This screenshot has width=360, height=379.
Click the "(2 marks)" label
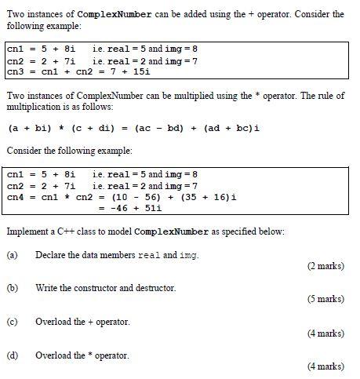point(325,266)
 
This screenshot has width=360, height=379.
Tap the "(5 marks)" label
point(325,299)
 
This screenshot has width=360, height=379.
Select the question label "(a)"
point(13,255)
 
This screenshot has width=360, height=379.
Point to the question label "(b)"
point(13,288)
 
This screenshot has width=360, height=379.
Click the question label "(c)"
point(13,322)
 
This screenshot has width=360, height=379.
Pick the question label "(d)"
point(13,355)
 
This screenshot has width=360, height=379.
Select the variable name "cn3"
point(16,71)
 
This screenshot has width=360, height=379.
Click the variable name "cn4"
point(16,197)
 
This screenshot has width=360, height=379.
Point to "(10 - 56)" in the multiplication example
point(129,197)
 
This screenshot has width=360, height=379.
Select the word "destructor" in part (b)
point(155,288)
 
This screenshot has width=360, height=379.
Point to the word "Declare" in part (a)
point(50,255)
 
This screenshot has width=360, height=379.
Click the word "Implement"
point(28,231)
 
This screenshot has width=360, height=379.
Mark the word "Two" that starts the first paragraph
point(15,14)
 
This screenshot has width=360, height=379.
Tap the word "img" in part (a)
point(188,255)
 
